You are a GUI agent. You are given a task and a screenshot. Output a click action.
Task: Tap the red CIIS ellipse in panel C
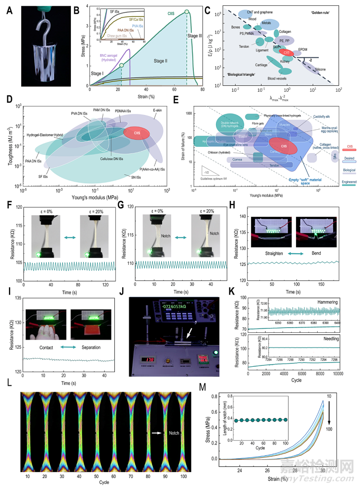[x=286, y=52]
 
